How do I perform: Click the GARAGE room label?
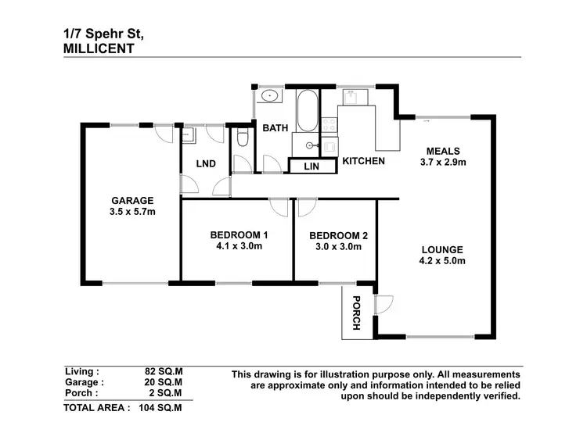[x=131, y=200]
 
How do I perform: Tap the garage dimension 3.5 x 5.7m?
[x=131, y=212]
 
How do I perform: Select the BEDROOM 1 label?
[x=239, y=234]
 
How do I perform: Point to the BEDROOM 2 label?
[x=338, y=235]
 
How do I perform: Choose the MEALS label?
[x=443, y=151]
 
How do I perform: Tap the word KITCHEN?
[x=363, y=161]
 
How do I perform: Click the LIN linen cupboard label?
[x=311, y=166]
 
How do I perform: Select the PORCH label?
[x=357, y=313]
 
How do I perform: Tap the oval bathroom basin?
[x=271, y=97]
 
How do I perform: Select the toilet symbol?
[x=243, y=138]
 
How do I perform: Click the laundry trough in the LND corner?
[x=187, y=135]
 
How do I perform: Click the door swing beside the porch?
[x=383, y=303]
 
